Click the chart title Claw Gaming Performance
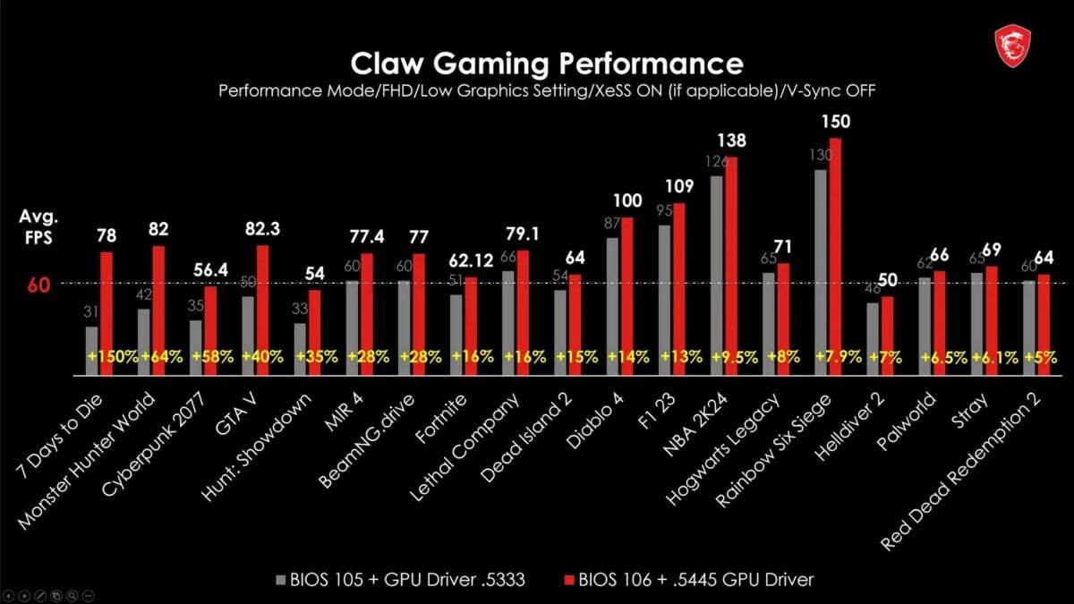click(546, 64)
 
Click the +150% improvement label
click(113, 356)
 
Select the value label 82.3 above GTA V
click(262, 230)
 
